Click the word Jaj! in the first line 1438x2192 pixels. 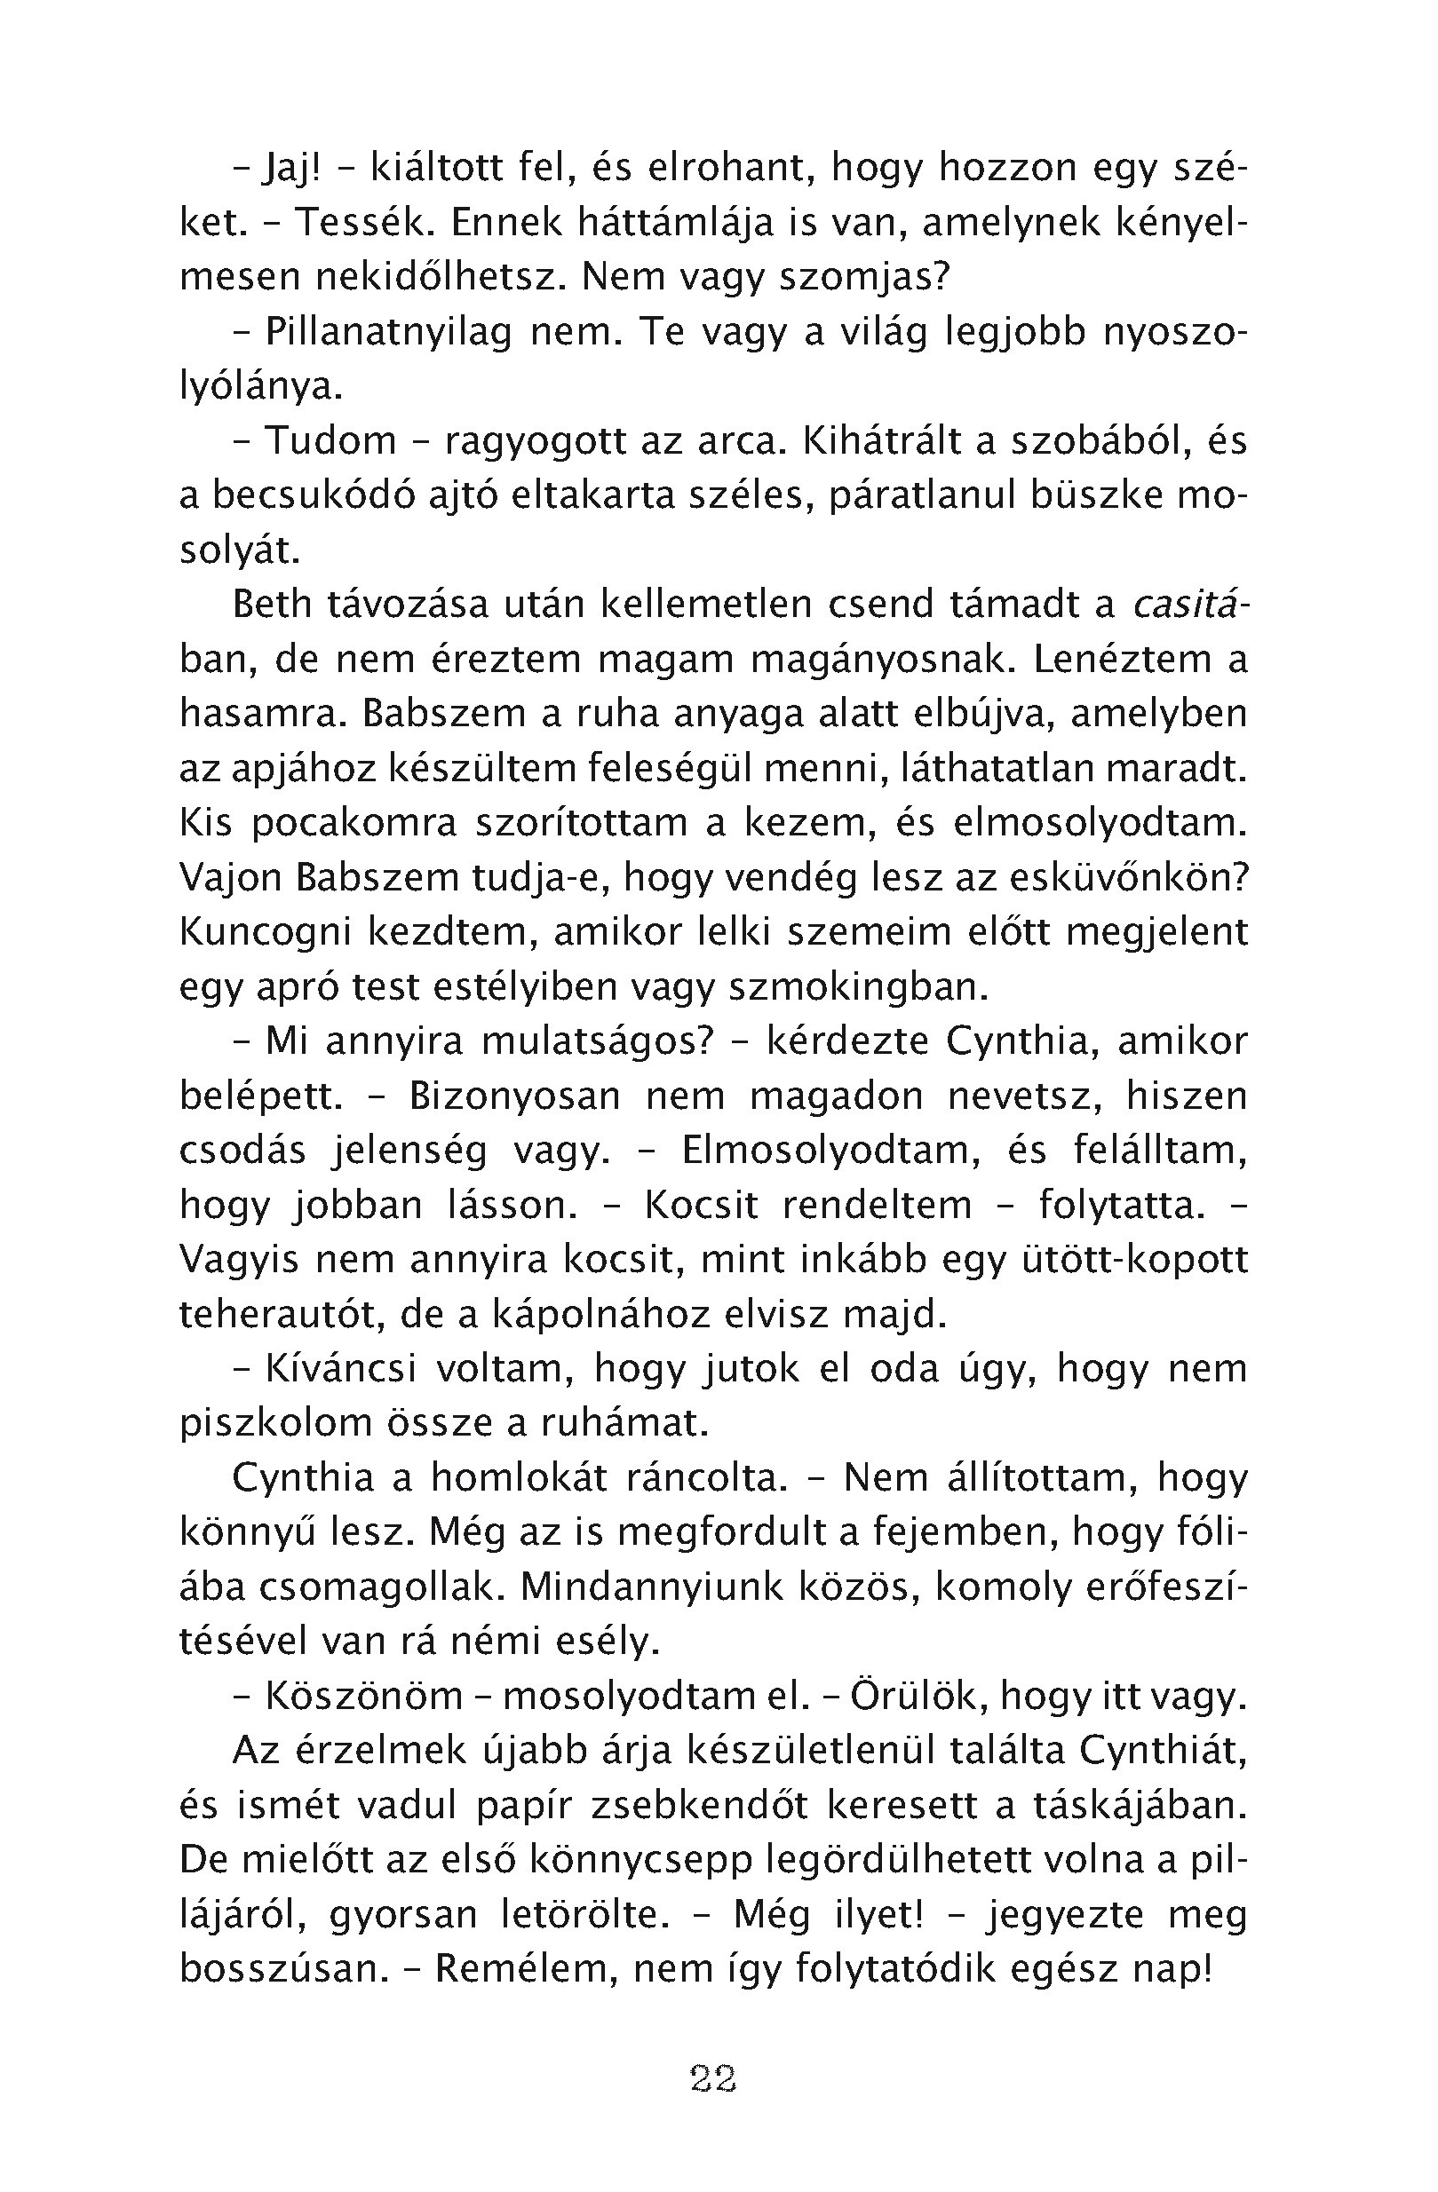(x=292, y=169)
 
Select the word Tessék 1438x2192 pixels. (x=349, y=224)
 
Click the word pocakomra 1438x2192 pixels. (x=354, y=823)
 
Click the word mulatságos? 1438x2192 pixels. (x=598, y=1041)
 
